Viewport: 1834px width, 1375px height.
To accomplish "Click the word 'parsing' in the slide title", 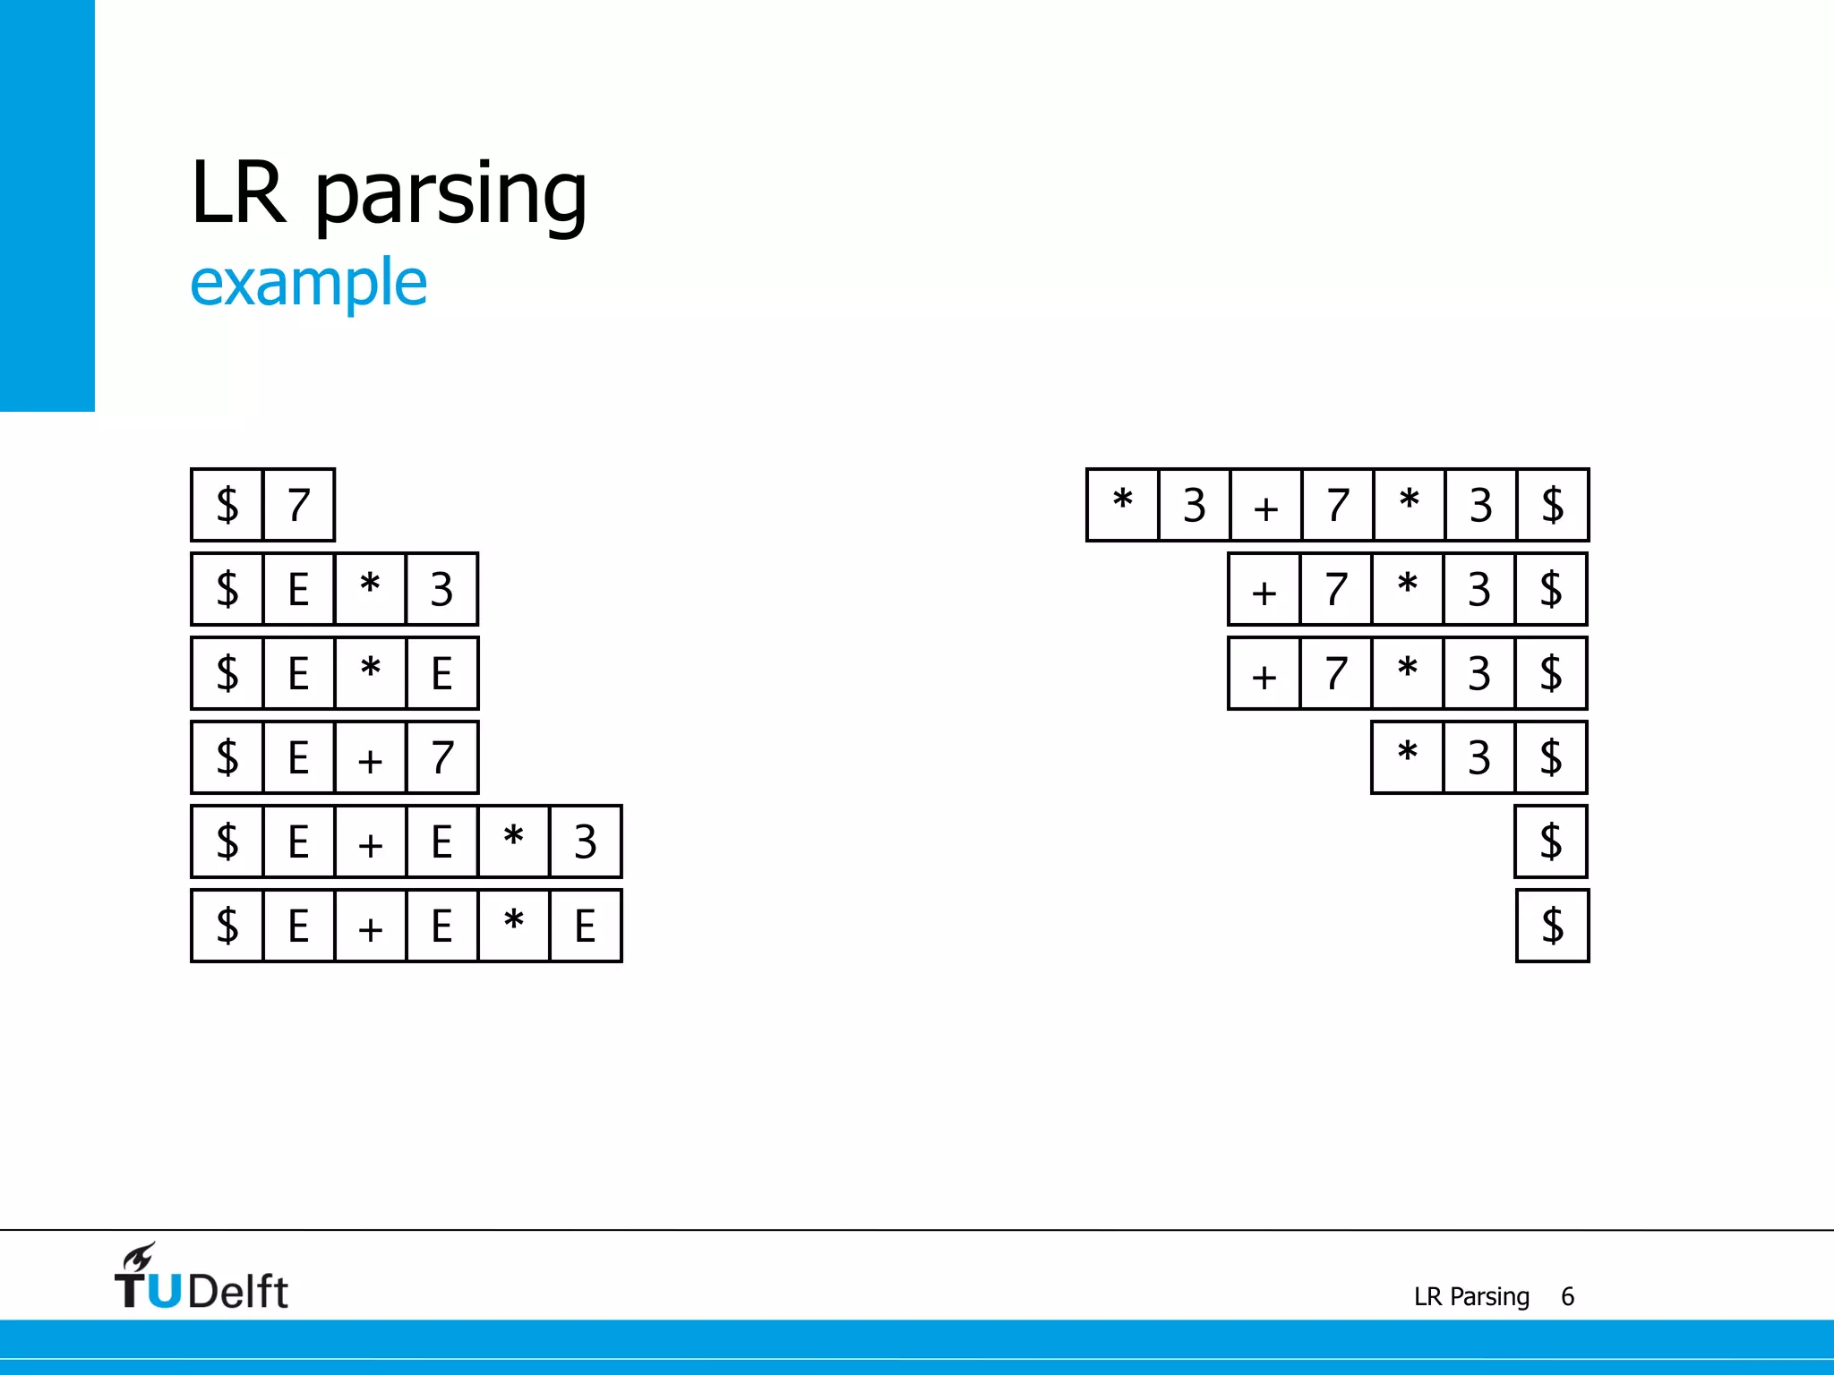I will pos(450,194).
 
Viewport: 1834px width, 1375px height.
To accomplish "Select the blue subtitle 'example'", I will pos(308,283).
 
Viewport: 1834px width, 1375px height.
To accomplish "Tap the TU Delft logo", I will pos(201,1278).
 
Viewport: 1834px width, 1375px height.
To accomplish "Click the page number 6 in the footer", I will pos(1567,1296).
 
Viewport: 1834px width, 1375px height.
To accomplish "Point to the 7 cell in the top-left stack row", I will pos(299,505).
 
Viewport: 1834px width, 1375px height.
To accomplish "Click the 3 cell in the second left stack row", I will pos(441,589).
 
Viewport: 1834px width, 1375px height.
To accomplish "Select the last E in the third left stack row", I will pos(441,673).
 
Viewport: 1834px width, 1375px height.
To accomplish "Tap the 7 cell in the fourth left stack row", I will pos(441,757).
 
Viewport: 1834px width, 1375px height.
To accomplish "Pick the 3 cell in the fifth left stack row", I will pos(585,841).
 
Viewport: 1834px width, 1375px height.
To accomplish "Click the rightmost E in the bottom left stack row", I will pos(585,926).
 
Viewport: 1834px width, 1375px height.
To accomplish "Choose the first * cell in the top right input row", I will pos(1122,505).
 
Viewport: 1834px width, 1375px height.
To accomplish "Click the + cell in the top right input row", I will pos(1265,505).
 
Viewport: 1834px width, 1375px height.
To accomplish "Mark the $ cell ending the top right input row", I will pos(1552,505).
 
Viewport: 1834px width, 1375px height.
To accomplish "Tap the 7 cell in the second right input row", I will pos(1335,589).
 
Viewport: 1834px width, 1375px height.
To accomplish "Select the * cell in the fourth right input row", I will pos(1407,757).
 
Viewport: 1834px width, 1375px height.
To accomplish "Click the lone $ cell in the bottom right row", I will pos(1552,926).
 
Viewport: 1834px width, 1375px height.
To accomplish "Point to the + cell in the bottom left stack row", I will pos(370,926).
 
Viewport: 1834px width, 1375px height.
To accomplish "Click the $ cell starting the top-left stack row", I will pos(227,505).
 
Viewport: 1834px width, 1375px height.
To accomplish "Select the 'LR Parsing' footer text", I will pos(1471,1296).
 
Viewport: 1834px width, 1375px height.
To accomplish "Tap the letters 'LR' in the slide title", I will pos(238,192).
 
